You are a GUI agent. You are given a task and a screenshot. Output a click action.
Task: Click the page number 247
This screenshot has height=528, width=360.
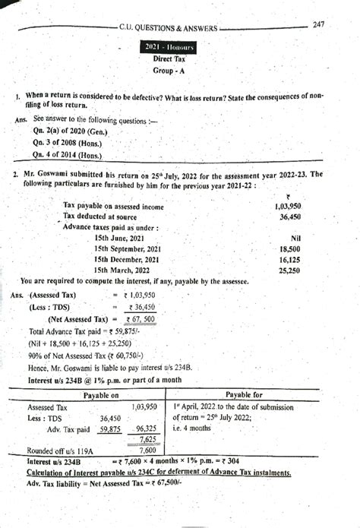(x=319, y=25)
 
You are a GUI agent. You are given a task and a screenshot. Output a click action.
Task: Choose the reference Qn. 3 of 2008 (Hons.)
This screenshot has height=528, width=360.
(x=66, y=141)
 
